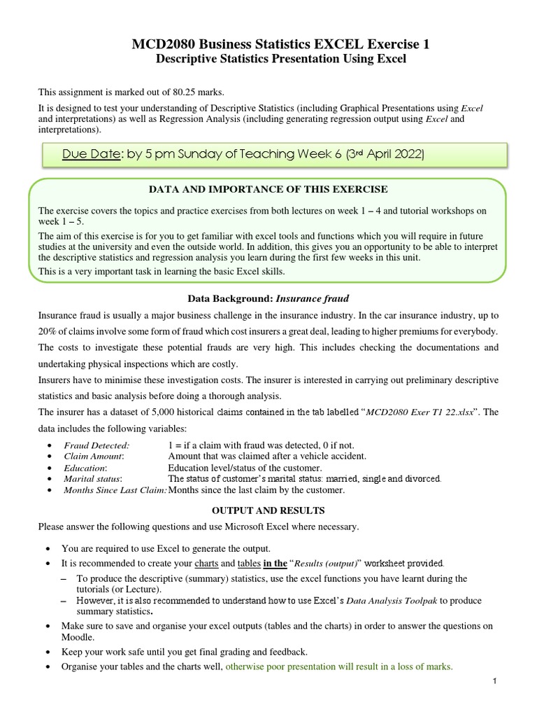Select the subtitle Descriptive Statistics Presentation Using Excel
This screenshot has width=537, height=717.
[280, 60]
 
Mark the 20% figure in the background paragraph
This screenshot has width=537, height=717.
[49, 330]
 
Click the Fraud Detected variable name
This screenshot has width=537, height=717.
[96, 445]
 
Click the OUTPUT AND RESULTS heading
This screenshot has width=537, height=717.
[268, 510]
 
